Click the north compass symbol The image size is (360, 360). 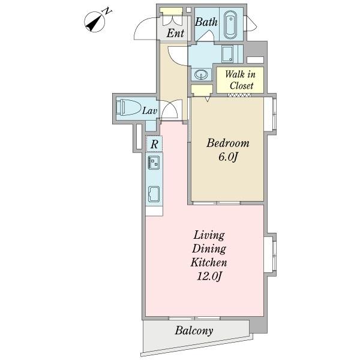95,22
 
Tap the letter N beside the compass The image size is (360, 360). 107,11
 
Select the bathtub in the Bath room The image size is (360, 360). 230,25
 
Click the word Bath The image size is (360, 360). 206,22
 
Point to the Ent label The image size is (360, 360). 175,33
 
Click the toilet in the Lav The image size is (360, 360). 128,107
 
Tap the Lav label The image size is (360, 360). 149,111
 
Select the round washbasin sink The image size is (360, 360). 201,74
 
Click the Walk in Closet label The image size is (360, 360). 240,80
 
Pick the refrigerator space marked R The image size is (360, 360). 154,144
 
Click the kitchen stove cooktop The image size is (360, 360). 154,163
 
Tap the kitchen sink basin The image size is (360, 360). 154,194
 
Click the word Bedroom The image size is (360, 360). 228,143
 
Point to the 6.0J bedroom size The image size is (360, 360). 227,157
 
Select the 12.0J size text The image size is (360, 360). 209,276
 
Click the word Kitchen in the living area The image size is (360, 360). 209,262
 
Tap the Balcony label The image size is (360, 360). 194,331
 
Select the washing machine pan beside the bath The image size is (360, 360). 227,53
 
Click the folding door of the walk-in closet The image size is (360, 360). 239,95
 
